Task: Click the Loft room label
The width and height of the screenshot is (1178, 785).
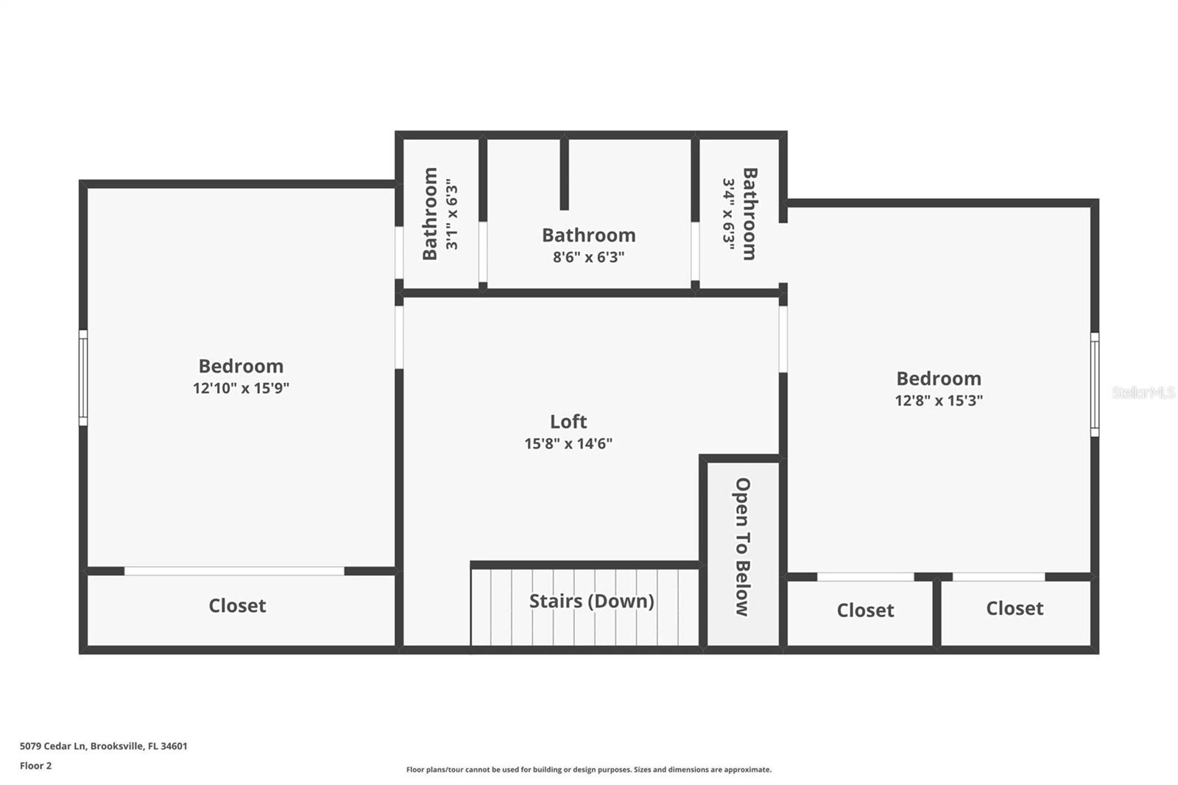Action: tap(568, 421)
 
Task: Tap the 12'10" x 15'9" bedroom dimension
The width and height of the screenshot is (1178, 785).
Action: tap(241, 388)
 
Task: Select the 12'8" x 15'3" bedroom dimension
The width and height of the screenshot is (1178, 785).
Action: tap(939, 401)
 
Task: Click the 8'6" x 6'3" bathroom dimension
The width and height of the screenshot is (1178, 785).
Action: tap(589, 257)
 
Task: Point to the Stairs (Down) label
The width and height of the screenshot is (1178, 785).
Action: tap(591, 601)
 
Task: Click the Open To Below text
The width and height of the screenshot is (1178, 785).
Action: tap(743, 546)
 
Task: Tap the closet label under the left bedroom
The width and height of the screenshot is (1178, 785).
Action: tap(237, 605)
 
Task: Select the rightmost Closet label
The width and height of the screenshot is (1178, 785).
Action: tap(1015, 608)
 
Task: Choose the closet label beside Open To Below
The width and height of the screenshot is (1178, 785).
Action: tap(865, 610)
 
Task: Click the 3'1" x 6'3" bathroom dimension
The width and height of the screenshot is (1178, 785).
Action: tap(451, 214)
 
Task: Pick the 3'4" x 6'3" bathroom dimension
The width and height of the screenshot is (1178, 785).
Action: tap(728, 214)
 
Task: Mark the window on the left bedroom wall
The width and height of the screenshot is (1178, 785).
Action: tap(83, 377)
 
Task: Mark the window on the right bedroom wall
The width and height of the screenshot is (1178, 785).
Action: tap(1095, 384)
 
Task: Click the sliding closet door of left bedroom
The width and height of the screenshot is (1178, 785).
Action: tap(234, 571)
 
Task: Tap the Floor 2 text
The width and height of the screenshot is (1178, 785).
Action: tap(35, 766)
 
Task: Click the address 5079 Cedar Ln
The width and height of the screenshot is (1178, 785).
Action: tap(103, 746)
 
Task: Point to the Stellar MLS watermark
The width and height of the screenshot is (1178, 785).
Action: tap(1143, 392)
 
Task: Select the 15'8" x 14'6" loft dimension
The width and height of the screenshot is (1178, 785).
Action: tap(568, 443)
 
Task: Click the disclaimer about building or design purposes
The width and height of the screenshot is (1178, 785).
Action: tap(589, 770)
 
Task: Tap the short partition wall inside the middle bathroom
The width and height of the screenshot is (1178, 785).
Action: tap(564, 174)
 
